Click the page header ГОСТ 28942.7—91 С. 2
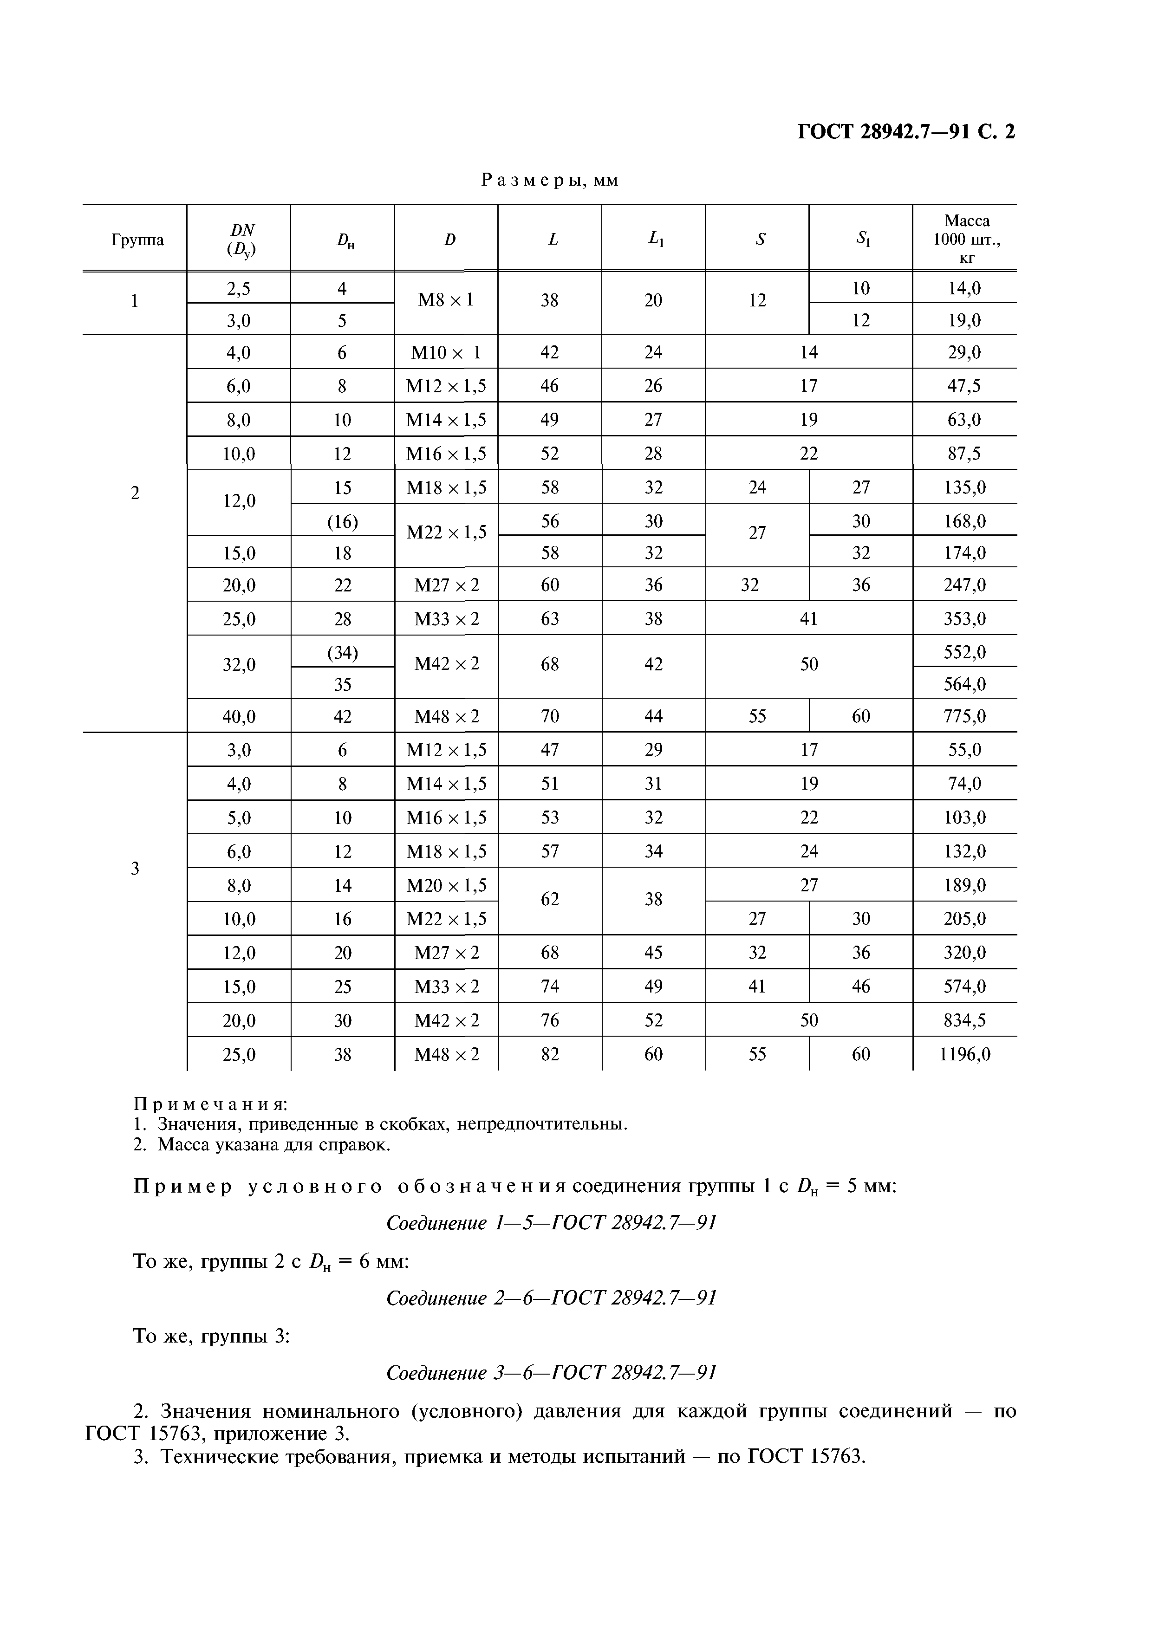[x=906, y=132]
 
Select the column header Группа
[x=137, y=240]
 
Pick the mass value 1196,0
[x=964, y=1054]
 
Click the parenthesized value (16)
[x=342, y=521]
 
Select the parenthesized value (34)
[x=342, y=652]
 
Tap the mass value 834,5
[x=964, y=1020]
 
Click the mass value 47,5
[x=964, y=386]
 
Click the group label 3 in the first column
[x=135, y=869]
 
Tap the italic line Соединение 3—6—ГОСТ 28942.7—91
[x=551, y=1373]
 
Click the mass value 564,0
[x=964, y=684]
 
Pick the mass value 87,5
[x=964, y=454]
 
